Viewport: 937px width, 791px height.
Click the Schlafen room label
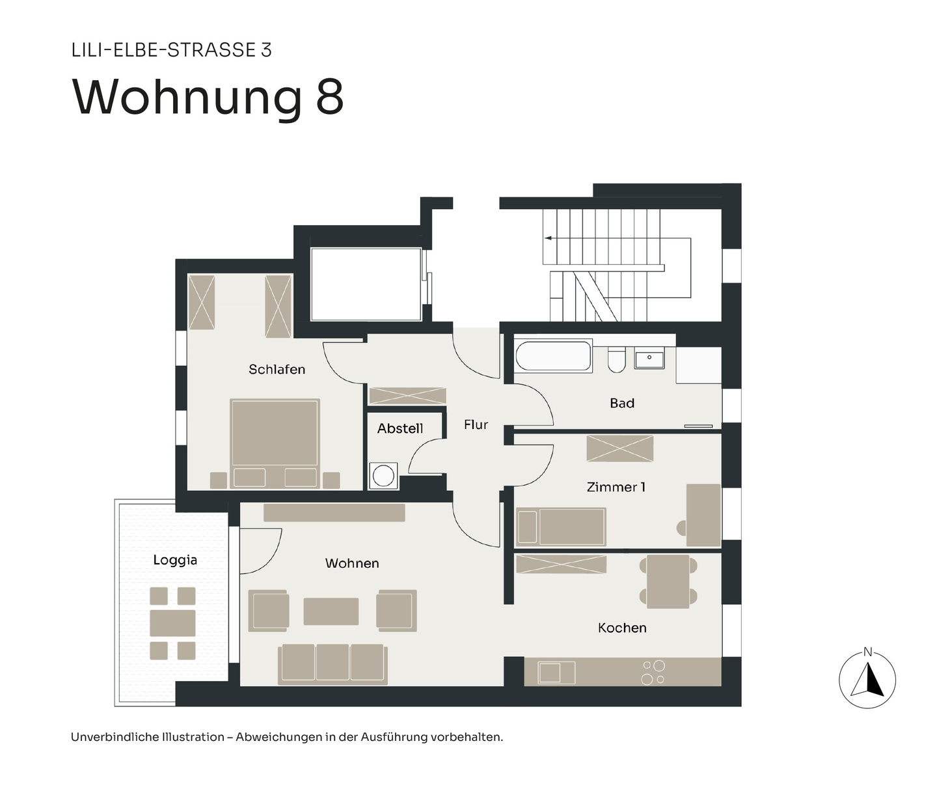[x=277, y=369]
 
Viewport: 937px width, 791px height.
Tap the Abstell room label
[x=400, y=428]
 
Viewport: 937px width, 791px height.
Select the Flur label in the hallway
[x=476, y=424]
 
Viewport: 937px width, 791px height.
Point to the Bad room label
[x=621, y=403]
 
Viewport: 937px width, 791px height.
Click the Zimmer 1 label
[x=616, y=487]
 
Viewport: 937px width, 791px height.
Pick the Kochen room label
[x=622, y=628]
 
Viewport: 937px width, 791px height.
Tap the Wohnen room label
[x=352, y=563]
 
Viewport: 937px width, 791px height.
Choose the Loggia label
[x=175, y=560]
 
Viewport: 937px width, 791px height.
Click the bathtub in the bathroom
[x=554, y=357]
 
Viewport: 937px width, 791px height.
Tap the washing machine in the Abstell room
[x=383, y=476]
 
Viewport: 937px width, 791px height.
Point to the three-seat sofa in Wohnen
[x=333, y=664]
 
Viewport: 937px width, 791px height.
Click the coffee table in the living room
[x=331, y=611]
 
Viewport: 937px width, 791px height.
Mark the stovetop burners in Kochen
[x=653, y=673]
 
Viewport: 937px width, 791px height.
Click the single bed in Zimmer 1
[x=561, y=527]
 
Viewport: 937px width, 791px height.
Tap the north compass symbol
[x=867, y=680]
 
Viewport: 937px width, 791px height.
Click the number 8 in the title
[x=329, y=98]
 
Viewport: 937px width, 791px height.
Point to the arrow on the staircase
[x=549, y=238]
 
